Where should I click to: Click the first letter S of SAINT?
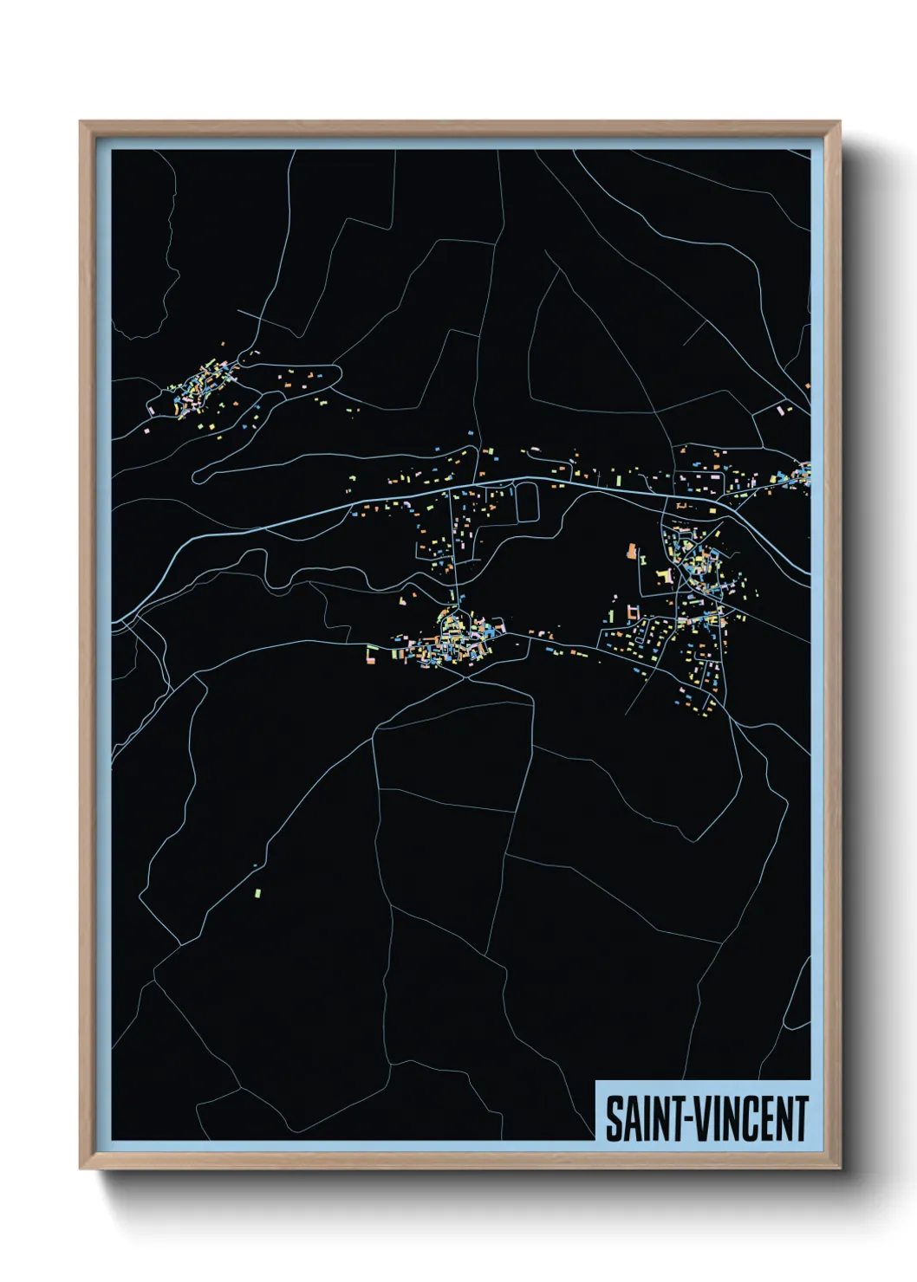pos(612,1118)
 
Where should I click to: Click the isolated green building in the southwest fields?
pos(258,892)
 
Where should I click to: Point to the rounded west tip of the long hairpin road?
pos(196,475)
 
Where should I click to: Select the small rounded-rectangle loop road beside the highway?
pos(527,502)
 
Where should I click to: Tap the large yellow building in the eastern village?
pos(666,576)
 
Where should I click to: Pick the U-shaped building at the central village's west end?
pos(371,654)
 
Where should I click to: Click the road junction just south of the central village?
pos(469,677)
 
